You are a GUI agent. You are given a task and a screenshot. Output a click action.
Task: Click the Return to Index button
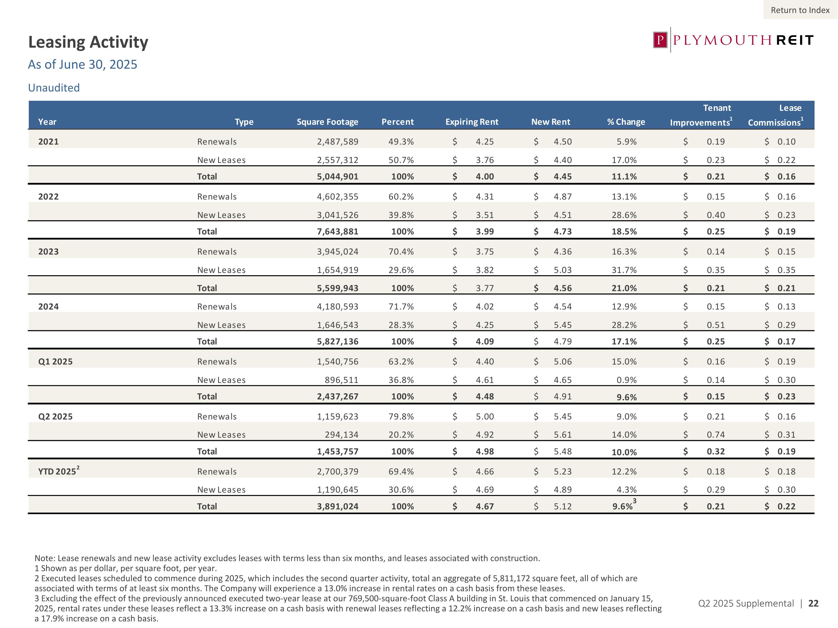800,10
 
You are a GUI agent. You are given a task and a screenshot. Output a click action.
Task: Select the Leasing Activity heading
88,42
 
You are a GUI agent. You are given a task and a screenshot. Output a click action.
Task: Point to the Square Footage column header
327,122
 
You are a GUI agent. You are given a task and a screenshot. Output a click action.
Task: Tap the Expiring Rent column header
472,122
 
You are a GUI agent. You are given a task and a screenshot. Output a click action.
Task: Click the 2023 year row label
49,252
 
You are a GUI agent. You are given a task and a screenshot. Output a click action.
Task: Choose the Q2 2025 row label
55,416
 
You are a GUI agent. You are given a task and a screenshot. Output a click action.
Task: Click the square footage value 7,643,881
337,232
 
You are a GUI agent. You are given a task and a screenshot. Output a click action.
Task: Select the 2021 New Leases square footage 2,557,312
337,160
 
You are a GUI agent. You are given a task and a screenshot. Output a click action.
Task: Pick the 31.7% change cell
624,270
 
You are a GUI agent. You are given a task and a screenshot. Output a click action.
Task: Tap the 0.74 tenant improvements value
716,435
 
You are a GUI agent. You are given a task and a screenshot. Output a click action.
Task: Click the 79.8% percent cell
401,416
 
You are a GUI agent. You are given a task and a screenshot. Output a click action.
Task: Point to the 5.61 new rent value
563,435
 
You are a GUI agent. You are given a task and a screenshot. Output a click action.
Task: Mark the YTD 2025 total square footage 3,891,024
337,507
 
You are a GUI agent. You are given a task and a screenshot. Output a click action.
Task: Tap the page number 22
813,603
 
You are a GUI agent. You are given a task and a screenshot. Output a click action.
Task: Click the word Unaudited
54,88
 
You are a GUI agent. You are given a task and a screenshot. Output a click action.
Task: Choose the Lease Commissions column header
775,116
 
